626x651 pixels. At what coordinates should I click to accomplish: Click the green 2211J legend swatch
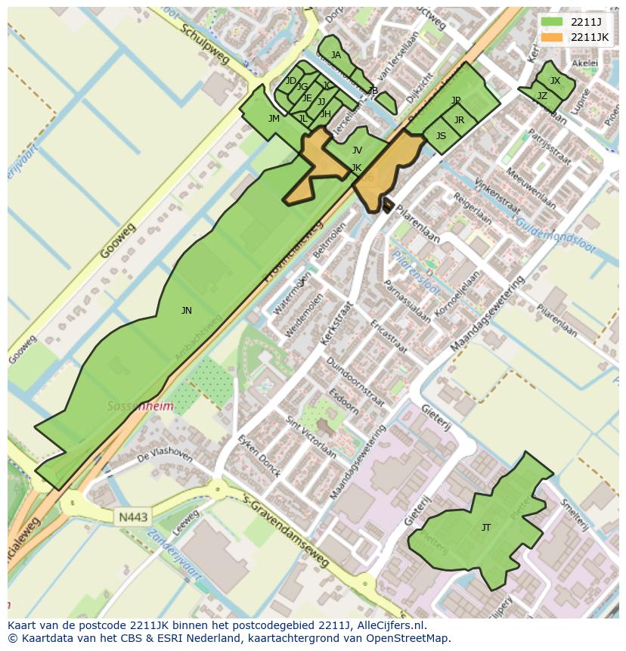pos(552,22)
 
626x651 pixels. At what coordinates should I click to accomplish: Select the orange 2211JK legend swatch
pos(552,37)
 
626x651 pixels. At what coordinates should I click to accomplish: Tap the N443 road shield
pos(133,517)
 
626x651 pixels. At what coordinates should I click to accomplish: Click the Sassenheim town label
pos(140,406)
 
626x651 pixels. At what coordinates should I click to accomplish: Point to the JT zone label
pos(486,528)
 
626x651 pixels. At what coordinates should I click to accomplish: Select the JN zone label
pos(187,311)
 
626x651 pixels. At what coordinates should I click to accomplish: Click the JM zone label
pos(274,119)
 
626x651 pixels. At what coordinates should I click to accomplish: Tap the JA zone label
pos(336,55)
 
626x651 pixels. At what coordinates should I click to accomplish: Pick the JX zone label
pos(555,81)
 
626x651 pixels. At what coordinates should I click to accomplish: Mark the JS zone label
pos(441,136)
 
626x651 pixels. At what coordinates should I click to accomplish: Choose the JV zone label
pos(357,150)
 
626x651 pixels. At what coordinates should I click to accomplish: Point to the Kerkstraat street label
pos(336,324)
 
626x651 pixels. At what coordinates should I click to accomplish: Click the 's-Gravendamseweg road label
pos(288,529)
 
